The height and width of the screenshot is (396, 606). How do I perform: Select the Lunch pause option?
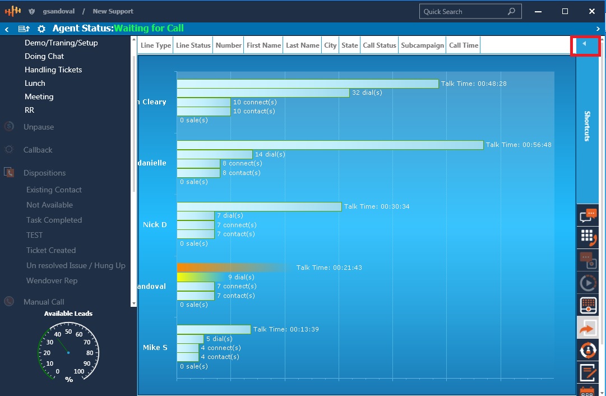(x=35, y=83)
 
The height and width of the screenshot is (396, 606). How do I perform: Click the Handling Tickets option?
(x=53, y=70)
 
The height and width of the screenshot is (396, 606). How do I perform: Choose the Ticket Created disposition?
(x=51, y=250)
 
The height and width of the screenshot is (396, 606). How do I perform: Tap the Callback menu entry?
(x=38, y=150)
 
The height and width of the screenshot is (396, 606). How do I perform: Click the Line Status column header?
(x=193, y=45)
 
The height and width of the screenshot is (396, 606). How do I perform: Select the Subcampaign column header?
(x=422, y=45)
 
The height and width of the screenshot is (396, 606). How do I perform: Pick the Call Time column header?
(x=464, y=45)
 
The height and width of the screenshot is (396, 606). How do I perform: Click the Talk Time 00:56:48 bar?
(x=330, y=145)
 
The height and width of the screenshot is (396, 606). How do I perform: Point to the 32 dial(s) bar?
(x=263, y=93)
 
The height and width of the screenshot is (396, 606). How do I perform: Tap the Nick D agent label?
(x=155, y=224)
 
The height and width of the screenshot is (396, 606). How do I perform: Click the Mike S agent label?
(x=155, y=347)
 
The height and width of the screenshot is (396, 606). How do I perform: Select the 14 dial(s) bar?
(x=214, y=154)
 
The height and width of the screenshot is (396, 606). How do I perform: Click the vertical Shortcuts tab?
(x=587, y=126)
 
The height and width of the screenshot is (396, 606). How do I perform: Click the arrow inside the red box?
(x=584, y=44)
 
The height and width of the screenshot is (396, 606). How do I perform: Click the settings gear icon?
(x=41, y=29)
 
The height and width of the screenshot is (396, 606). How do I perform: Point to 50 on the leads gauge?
(x=68, y=331)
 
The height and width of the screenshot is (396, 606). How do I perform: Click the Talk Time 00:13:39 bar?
(x=214, y=329)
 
